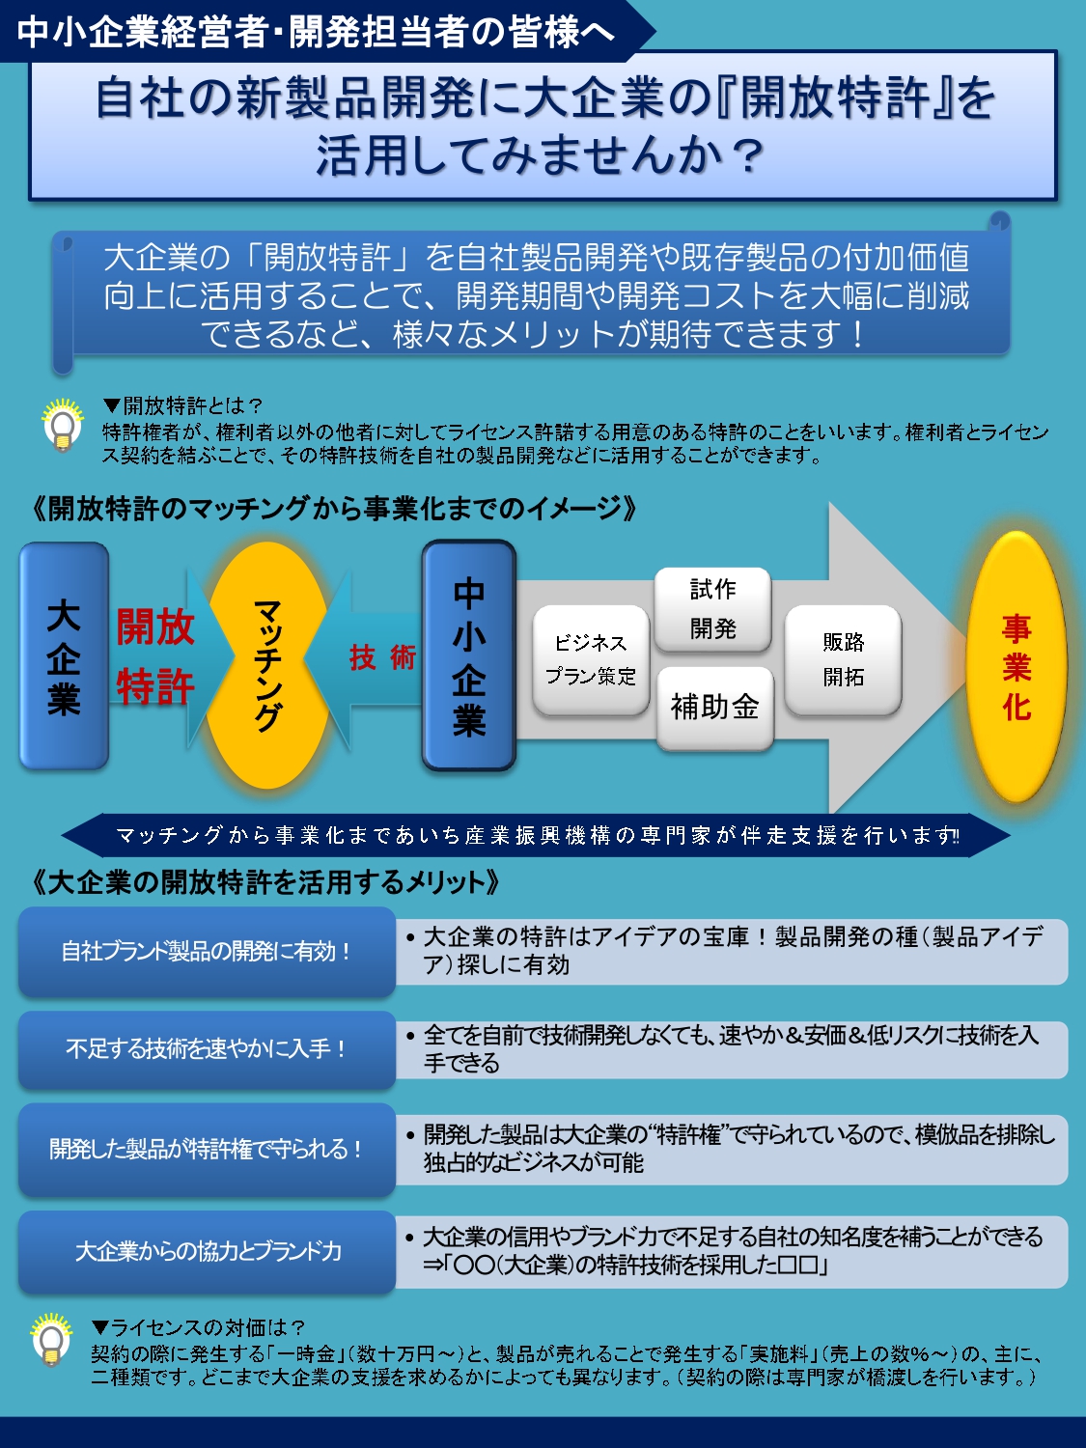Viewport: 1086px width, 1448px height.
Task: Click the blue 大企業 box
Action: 64,656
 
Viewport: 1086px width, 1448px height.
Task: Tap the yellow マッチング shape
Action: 267,665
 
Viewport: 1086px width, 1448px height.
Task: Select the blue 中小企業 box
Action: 469,656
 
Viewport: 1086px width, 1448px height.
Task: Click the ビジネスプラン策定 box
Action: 591,660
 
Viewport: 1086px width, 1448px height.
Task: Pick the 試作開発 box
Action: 713,609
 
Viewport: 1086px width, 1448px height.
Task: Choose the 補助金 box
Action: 715,708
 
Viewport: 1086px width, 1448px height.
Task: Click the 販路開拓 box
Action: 844,660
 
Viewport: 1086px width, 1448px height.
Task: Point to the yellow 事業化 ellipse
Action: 1016,667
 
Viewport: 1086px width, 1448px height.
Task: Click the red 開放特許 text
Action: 155,657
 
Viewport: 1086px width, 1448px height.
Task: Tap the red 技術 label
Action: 382,657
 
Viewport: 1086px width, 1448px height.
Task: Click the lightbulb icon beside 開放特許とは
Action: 63,426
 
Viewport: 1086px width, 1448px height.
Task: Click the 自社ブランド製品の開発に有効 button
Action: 207,952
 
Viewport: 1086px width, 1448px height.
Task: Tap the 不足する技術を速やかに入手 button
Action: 207,1049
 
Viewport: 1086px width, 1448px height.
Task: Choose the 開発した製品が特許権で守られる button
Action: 207,1149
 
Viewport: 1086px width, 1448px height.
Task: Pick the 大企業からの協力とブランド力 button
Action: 207,1252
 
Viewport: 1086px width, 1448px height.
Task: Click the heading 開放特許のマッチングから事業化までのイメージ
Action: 334,509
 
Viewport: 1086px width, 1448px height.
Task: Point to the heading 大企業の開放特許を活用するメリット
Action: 265,882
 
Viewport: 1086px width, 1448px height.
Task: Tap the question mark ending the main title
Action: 747,156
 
